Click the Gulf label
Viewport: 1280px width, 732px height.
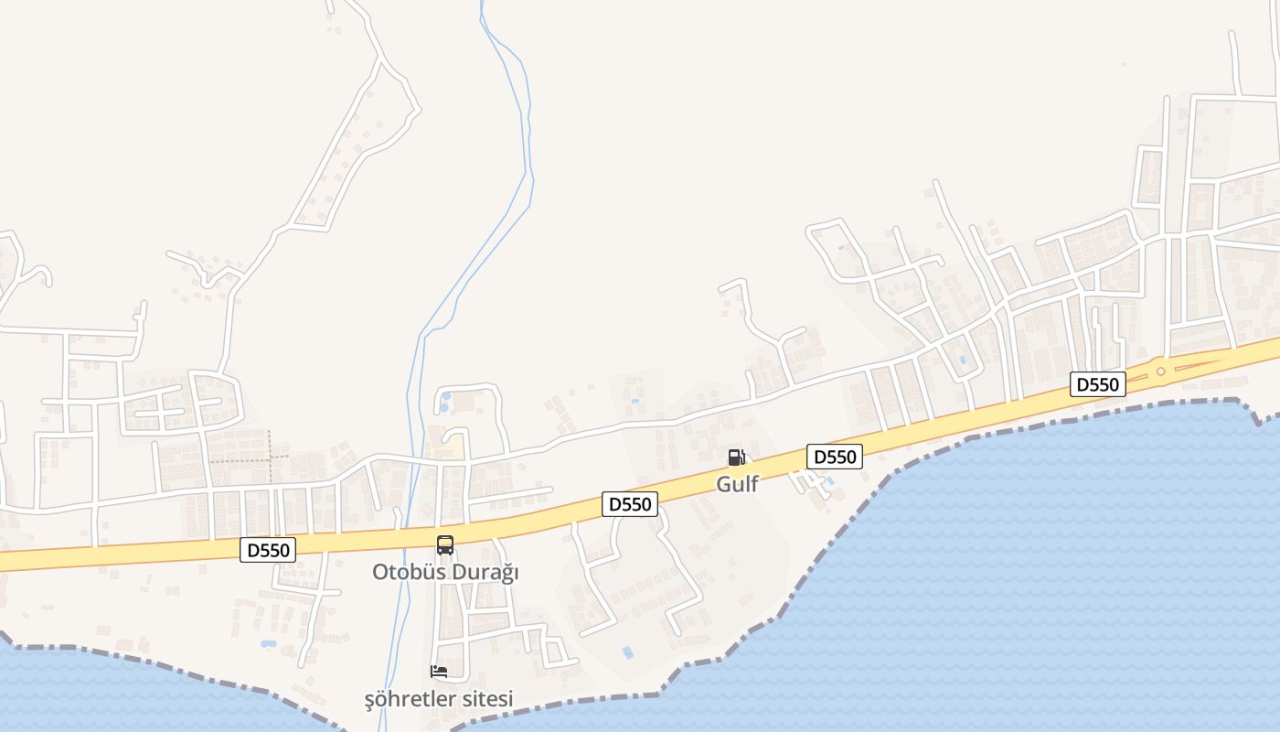tap(737, 484)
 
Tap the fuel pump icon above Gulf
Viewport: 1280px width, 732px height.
tap(736, 457)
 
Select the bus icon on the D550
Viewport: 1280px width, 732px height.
tap(445, 545)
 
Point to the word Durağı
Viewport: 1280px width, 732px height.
tap(485, 573)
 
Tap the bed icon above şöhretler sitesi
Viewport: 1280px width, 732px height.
tap(439, 672)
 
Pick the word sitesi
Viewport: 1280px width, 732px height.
tap(486, 700)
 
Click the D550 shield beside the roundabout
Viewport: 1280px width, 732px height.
tap(1097, 384)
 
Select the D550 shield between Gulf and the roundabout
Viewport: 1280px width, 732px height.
tap(834, 457)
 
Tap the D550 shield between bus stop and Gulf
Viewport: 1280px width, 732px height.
tap(630, 504)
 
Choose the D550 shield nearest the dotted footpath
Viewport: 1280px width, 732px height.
tap(268, 550)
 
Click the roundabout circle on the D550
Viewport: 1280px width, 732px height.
tap(1160, 371)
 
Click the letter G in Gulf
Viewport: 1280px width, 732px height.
tap(723, 484)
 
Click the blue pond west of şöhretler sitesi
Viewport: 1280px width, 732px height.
tap(268, 644)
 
